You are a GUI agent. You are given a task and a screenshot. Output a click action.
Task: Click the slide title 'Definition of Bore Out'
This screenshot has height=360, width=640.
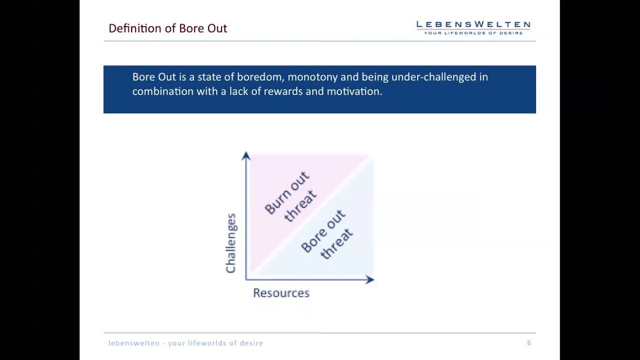tap(167, 28)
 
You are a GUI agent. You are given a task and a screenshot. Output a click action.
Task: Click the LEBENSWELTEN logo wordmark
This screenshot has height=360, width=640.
tap(473, 24)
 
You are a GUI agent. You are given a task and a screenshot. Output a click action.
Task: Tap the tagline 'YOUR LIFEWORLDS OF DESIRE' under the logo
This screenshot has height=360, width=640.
tap(473, 33)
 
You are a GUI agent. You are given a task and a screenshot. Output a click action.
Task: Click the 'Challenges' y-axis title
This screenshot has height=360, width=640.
tap(230, 243)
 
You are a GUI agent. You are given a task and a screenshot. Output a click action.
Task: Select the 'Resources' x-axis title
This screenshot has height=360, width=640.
tap(281, 293)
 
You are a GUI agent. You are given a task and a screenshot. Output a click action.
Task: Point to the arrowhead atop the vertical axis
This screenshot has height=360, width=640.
tap(246, 156)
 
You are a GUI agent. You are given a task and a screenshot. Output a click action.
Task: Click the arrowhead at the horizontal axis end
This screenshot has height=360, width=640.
tap(370, 279)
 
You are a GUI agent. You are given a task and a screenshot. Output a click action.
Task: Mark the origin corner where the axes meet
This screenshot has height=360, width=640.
tap(246, 279)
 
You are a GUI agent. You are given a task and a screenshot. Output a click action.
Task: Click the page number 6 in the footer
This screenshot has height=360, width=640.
tap(529, 342)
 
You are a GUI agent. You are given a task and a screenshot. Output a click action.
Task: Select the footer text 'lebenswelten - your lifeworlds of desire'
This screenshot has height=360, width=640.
tap(185, 343)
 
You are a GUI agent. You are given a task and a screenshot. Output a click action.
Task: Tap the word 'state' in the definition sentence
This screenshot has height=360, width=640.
tap(210, 77)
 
